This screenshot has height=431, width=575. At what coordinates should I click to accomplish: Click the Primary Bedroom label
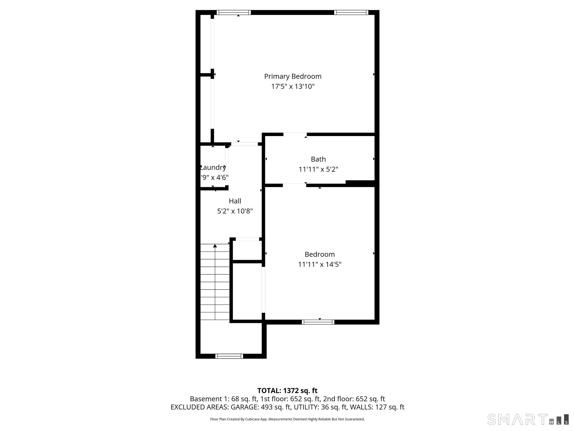[293, 76]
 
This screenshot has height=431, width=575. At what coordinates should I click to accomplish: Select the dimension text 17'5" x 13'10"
[293, 86]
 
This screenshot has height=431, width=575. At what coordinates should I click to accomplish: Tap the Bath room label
[318, 159]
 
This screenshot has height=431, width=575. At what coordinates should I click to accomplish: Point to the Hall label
[235, 201]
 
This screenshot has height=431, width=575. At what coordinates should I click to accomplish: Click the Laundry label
[213, 168]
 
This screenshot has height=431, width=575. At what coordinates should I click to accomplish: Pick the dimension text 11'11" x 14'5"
[320, 264]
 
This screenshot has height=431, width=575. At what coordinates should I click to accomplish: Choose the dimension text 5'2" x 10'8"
[235, 211]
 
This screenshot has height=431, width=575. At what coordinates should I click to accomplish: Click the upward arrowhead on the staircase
[215, 246]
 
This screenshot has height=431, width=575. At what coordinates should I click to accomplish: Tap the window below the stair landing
[229, 356]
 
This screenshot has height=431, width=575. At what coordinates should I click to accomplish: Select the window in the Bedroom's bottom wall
[318, 322]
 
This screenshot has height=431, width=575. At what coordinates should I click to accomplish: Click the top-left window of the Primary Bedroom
[234, 12]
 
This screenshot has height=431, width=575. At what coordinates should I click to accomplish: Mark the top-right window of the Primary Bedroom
[351, 12]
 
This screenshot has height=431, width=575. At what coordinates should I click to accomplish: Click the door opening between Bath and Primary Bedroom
[295, 134]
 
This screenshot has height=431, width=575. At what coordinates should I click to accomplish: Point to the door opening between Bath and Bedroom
[294, 185]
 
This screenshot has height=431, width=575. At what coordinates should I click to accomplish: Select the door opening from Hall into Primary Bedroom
[244, 144]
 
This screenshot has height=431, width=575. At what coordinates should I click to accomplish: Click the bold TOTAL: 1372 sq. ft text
[287, 391]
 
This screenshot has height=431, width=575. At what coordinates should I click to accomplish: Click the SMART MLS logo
[528, 419]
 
